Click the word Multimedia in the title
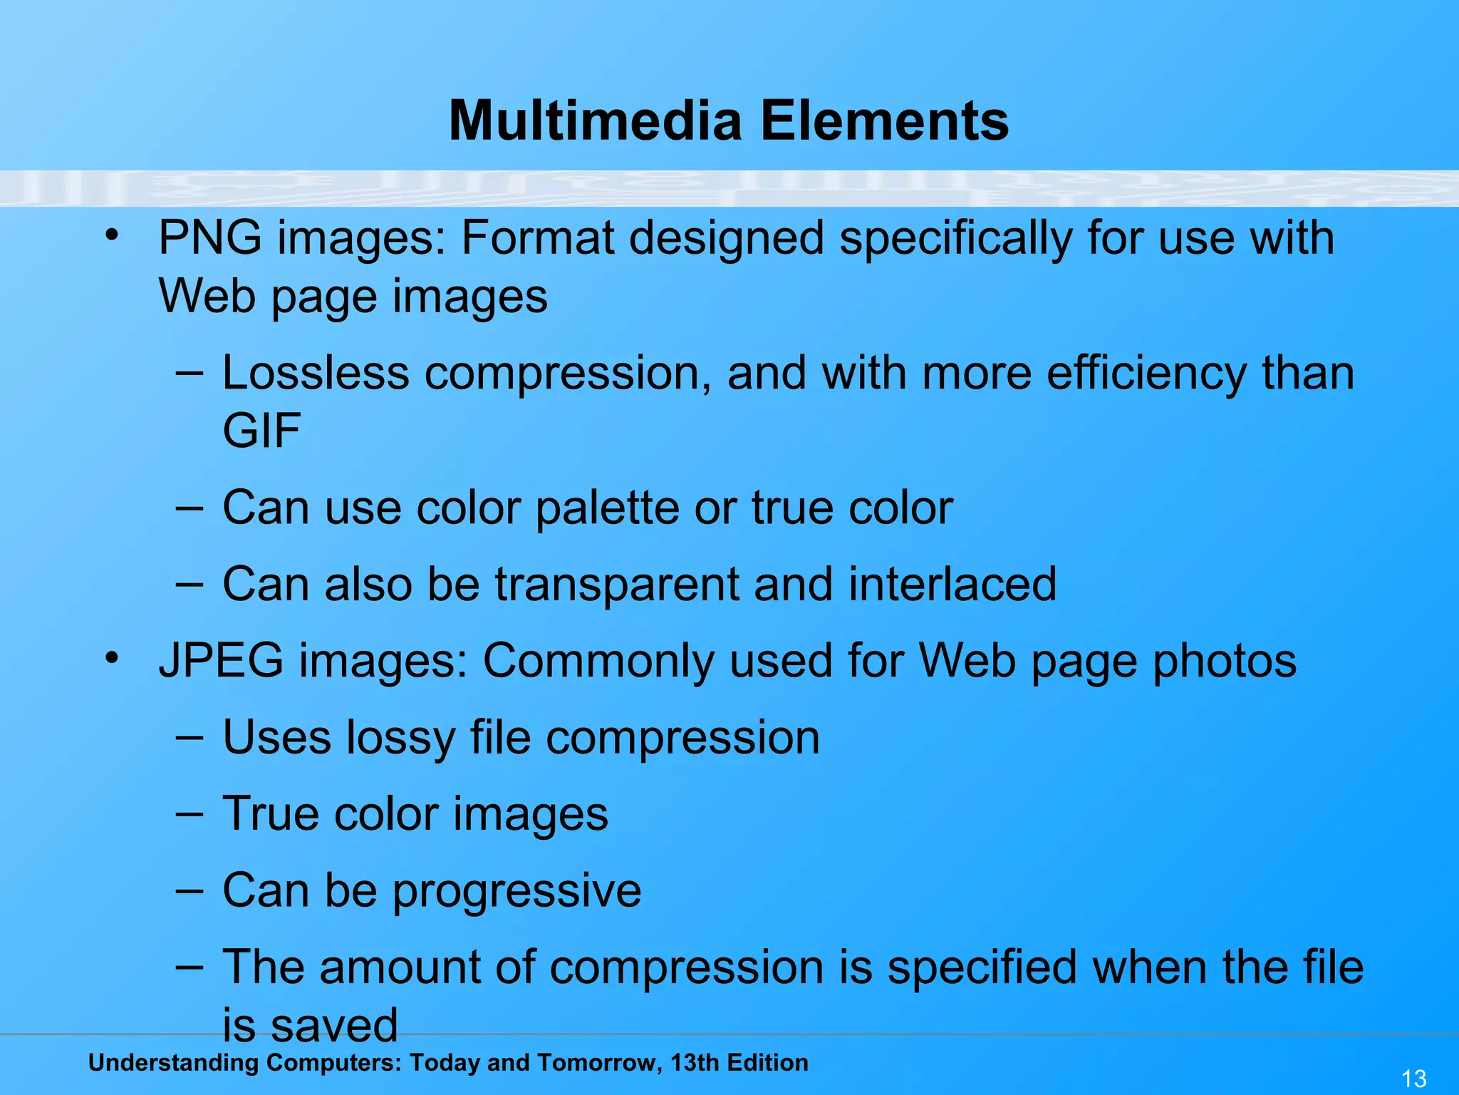(596, 120)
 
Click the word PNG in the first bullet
(209, 237)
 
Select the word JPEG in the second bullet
(221, 661)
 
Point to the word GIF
(261, 431)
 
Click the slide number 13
(1414, 1078)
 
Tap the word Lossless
(316, 373)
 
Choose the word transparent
(617, 584)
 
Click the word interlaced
(952, 584)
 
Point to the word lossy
(400, 738)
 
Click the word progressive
(516, 891)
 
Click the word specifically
(955, 239)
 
